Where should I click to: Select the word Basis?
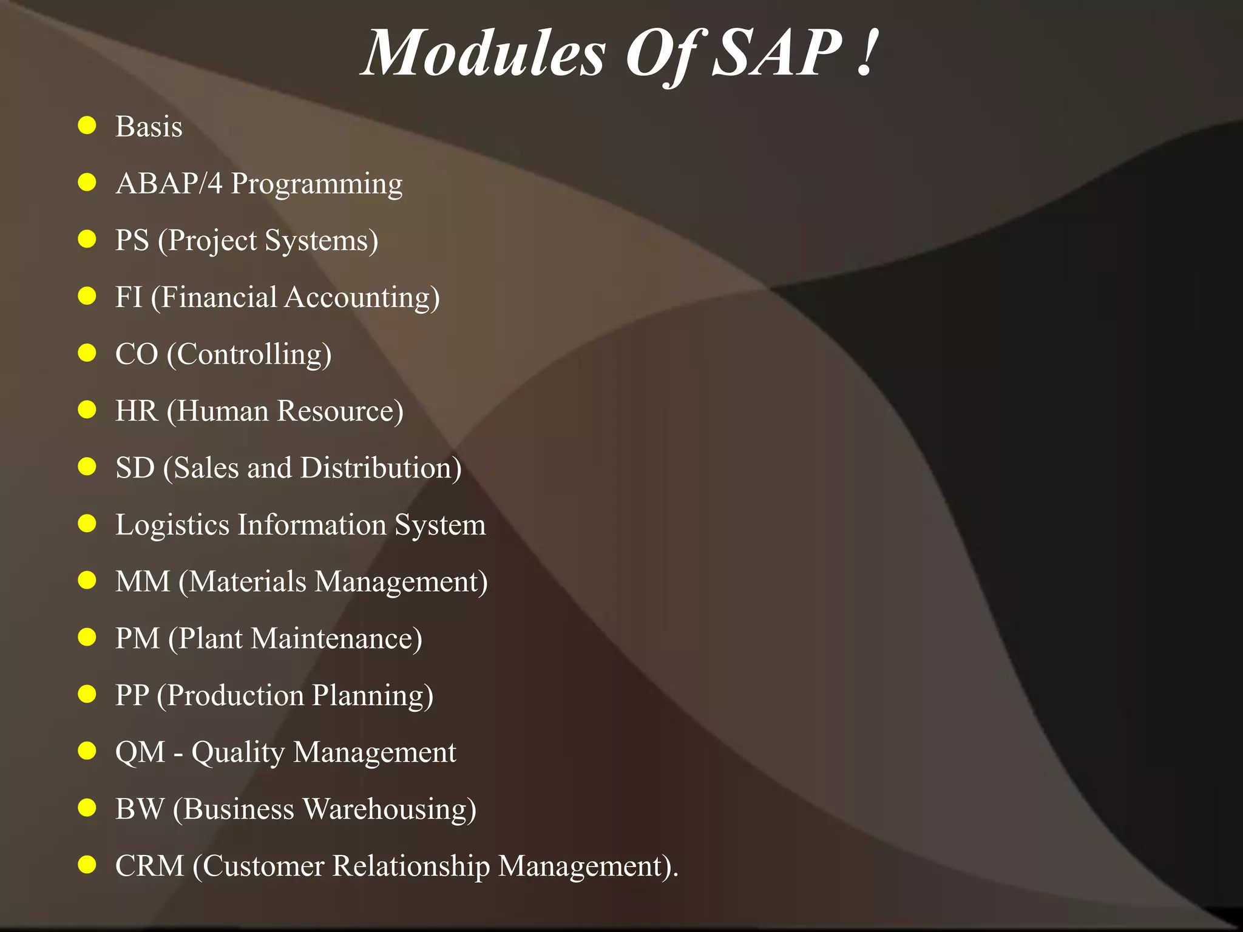(149, 127)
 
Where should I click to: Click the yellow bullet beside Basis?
(87, 126)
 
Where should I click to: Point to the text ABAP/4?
(169, 183)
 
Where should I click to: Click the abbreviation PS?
(132, 240)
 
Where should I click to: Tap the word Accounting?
(362, 298)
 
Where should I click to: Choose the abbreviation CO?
(137, 354)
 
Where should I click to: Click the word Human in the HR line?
(222, 411)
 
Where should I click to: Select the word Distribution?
(381, 468)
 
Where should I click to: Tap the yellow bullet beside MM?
(87, 580)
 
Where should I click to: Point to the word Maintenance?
(336, 639)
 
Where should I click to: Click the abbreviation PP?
(132, 695)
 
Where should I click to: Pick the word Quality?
(238, 753)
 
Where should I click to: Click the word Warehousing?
(389, 809)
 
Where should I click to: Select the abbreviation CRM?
(149, 866)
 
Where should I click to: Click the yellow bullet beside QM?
(87, 751)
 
